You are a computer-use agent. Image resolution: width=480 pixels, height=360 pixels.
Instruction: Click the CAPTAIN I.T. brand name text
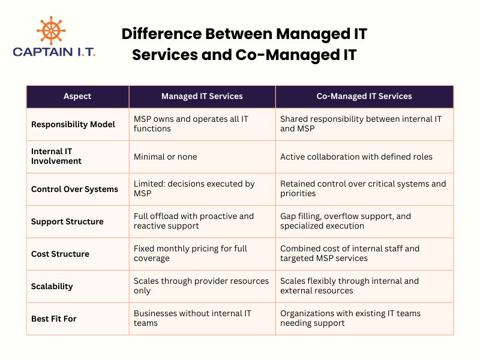(54, 52)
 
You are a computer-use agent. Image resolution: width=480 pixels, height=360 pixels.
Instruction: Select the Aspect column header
(78, 96)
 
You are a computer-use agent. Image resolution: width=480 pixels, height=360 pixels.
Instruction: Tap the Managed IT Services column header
(202, 96)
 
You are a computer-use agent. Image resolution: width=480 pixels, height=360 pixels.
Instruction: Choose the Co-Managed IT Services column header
(364, 96)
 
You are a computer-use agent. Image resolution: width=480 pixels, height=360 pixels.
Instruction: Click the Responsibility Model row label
(73, 124)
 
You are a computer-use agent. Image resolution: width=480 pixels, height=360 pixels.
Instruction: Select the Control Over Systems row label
(74, 189)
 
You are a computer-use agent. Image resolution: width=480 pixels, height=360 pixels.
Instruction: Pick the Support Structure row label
(67, 221)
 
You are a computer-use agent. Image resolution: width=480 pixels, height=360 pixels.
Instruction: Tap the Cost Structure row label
(60, 254)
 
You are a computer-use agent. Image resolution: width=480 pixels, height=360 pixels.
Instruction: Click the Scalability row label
(52, 286)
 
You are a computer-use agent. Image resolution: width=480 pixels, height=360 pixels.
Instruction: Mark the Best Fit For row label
(53, 319)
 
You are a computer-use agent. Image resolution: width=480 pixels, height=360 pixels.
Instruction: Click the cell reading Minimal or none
(166, 157)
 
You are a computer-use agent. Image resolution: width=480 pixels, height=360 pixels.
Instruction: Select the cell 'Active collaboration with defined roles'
(356, 157)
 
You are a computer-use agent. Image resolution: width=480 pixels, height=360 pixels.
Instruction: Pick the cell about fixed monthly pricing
(190, 254)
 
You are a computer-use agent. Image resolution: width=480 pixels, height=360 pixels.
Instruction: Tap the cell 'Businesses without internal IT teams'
(192, 319)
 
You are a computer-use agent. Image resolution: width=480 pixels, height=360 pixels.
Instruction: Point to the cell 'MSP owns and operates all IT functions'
(191, 124)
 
